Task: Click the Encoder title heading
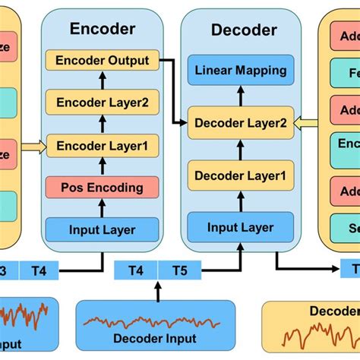(x=103, y=29)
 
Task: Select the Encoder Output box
(x=103, y=60)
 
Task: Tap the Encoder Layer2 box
(x=103, y=102)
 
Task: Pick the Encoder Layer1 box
(x=103, y=144)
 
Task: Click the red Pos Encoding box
(x=103, y=187)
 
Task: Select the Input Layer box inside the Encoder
(x=103, y=229)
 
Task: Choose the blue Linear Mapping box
(x=241, y=71)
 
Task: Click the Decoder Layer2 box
(x=241, y=122)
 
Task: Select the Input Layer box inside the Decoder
(x=241, y=226)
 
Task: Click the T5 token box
(x=180, y=270)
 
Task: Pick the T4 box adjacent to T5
(x=136, y=270)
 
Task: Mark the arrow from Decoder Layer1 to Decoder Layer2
(x=241, y=150)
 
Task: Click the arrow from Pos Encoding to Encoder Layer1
(x=103, y=166)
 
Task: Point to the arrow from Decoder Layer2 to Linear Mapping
(x=241, y=96)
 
